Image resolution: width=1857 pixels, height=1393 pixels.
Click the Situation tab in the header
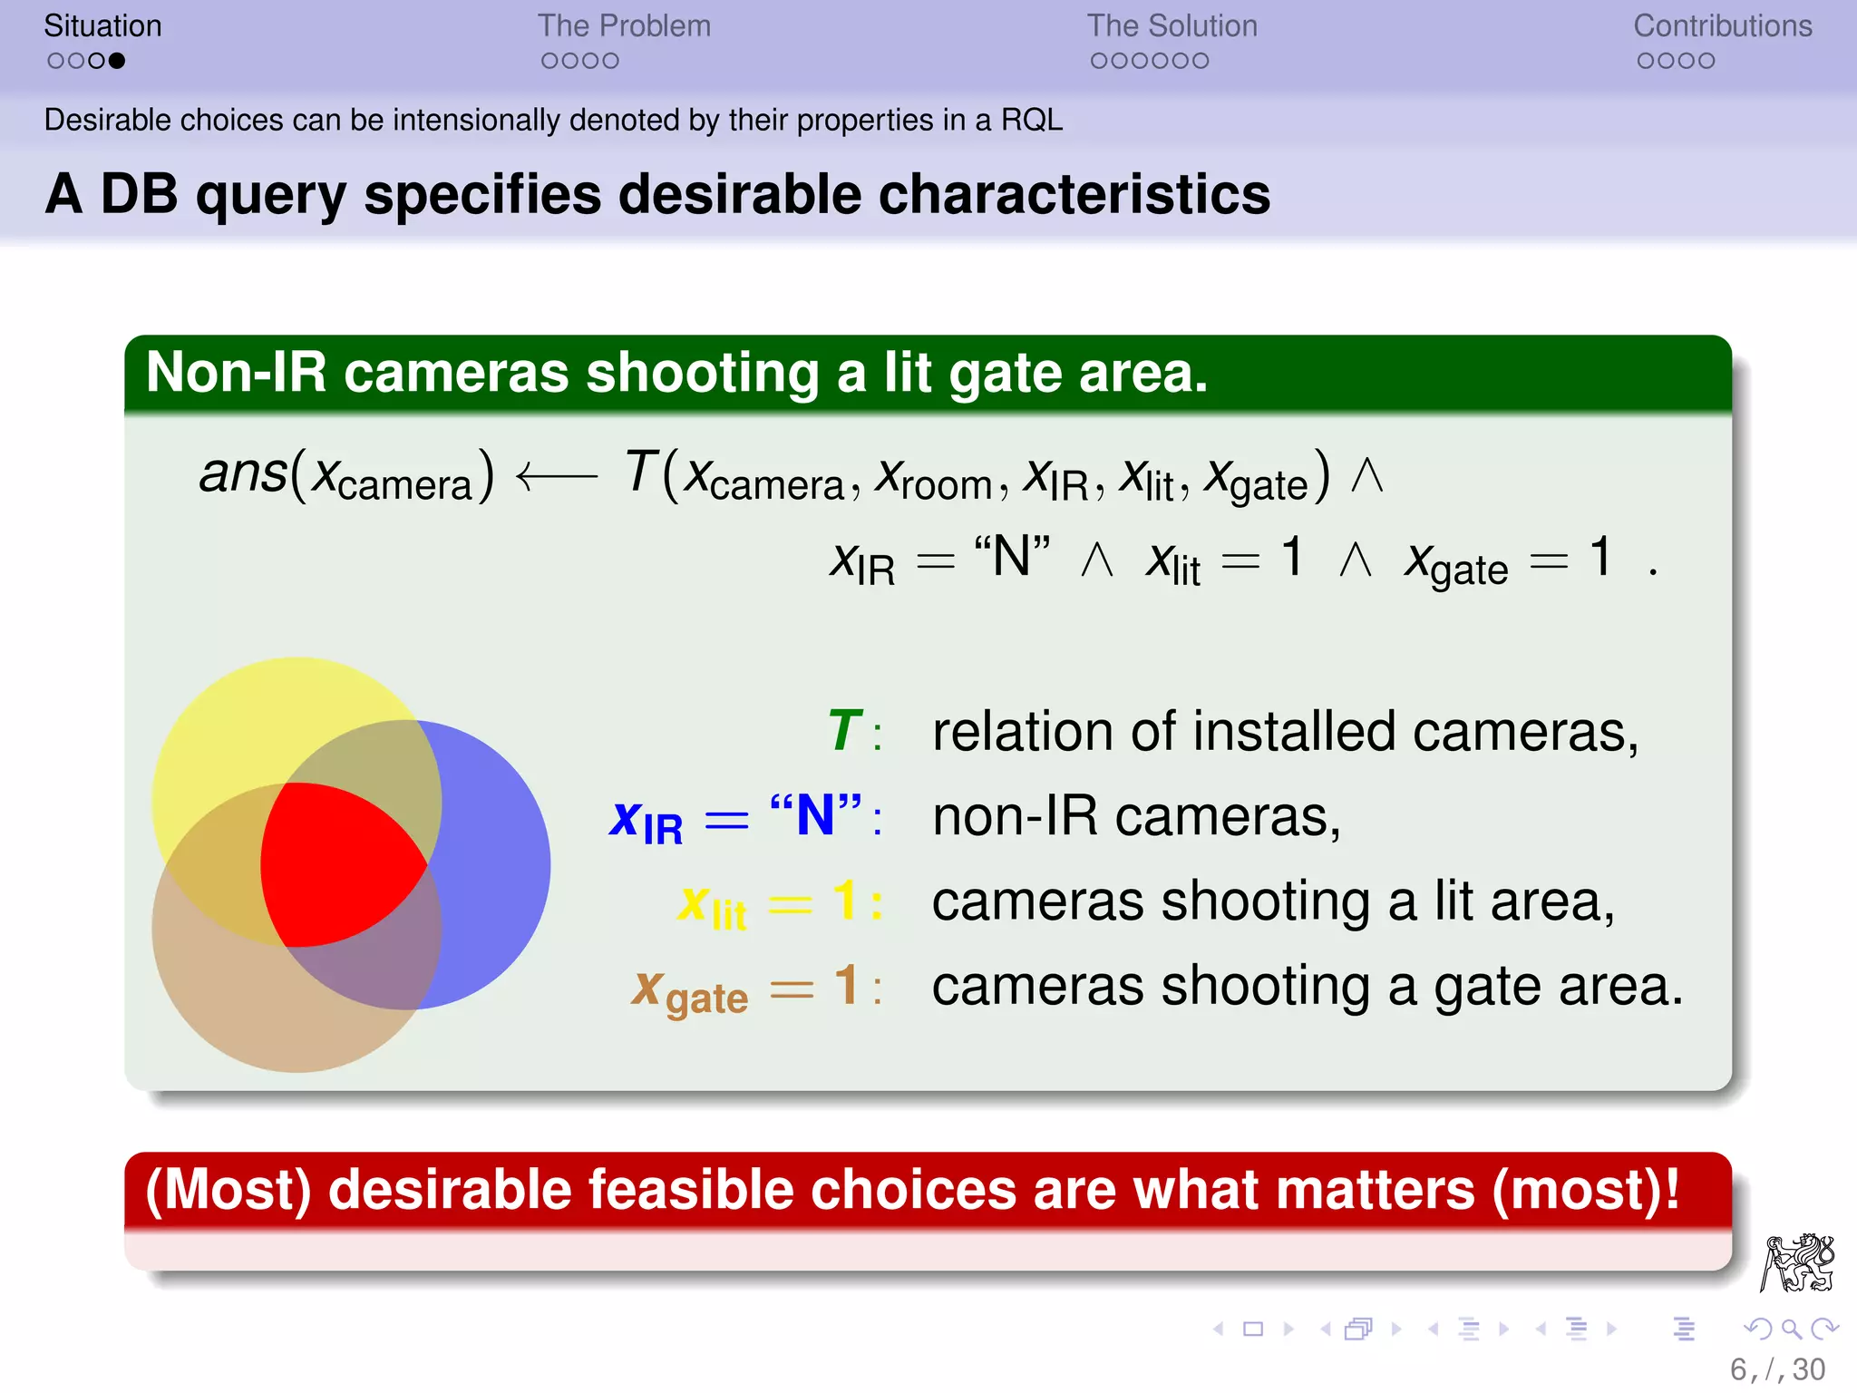(x=102, y=26)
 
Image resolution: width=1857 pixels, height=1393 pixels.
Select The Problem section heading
(x=624, y=26)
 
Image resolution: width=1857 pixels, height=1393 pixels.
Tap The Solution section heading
(x=1172, y=26)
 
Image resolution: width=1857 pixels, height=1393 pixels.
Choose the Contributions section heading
(x=1722, y=26)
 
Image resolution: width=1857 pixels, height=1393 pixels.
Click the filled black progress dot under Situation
(x=116, y=61)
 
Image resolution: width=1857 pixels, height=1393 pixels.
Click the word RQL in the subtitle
(x=1031, y=120)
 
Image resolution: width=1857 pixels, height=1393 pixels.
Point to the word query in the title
(x=271, y=195)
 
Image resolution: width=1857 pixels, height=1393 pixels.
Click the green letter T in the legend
(x=844, y=731)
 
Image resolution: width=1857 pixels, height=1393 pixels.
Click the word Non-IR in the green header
(x=236, y=373)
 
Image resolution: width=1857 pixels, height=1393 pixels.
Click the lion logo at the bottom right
(x=1797, y=1262)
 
